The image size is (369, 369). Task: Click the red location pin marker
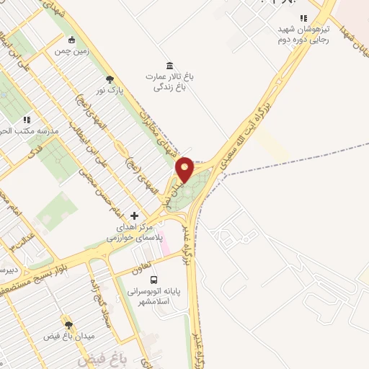click(184, 170)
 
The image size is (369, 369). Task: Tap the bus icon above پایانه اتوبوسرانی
click(153, 280)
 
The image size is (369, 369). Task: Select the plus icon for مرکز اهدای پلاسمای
click(134, 215)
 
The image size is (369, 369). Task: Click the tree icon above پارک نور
click(110, 80)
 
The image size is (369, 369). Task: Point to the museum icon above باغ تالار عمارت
click(169, 66)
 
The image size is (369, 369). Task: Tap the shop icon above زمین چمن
click(71, 40)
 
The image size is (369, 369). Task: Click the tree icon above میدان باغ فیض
click(70, 325)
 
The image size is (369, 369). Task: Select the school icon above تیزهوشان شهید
click(304, 19)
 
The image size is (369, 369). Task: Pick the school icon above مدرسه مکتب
click(27, 120)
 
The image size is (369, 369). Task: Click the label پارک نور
click(111, 92)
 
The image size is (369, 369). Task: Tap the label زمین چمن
click(71, 52)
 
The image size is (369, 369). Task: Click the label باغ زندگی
click(170, 86)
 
